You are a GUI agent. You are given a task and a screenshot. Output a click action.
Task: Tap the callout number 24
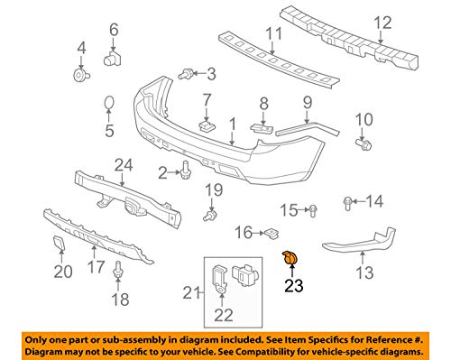click(124, 165)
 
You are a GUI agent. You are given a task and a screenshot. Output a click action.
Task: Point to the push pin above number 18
click(118, 268)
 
